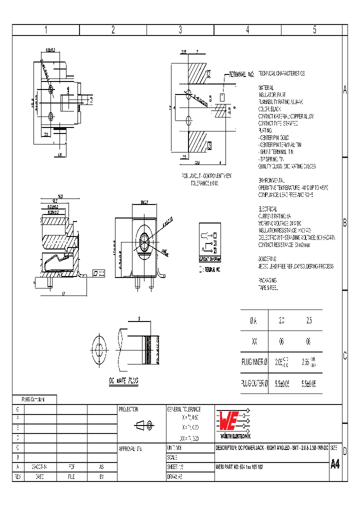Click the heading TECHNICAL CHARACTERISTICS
point(281,73)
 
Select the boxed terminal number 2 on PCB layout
point(209,75)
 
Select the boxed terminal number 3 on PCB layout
point(209,146)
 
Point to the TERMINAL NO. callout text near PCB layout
point(242,74)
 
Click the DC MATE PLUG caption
point(123,380)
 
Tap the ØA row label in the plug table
point(254,320)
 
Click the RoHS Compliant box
point(34,399)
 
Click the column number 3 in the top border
point(180,30)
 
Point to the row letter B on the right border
point(344,222)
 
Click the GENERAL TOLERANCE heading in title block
point(183,409)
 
